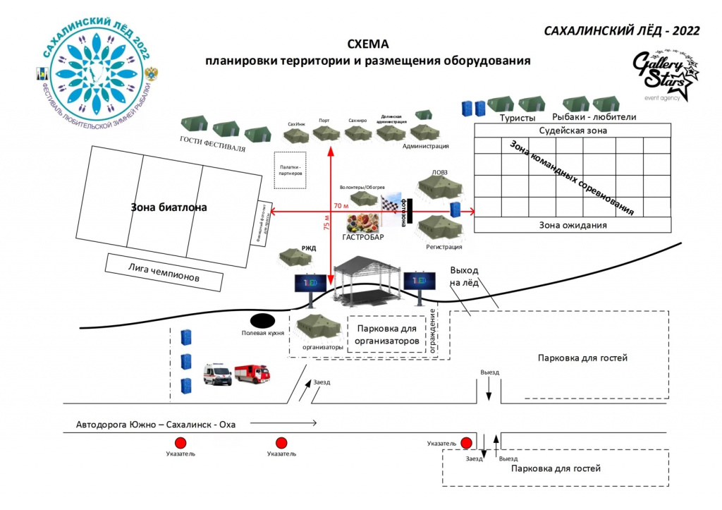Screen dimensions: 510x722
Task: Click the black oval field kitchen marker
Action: point(262,320)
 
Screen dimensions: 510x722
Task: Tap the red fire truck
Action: point(252,373)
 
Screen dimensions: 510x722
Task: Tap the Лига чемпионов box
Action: point(164,272)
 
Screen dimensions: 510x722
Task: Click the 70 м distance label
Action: point(341,206)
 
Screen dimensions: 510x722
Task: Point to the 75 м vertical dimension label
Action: point(326,223)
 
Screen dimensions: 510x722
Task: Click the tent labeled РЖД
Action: point(295,256)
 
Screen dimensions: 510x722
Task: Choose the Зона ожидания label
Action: point(573,225)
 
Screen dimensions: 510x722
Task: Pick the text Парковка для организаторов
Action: point(388,335)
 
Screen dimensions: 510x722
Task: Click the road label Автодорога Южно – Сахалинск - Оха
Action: point(156,425)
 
